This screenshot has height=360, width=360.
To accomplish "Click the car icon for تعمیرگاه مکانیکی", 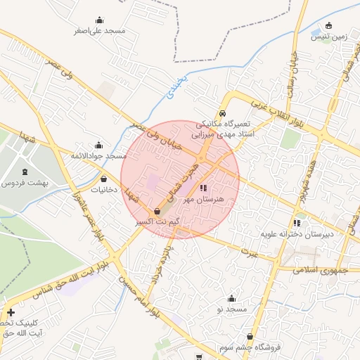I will (x=222, y=113).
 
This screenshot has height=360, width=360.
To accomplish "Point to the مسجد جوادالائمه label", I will (x=98, y=155).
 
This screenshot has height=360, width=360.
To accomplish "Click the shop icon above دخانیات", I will (x=105, y=179).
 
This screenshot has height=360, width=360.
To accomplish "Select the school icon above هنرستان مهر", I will (x=204, y=188).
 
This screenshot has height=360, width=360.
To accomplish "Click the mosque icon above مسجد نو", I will (x=231, y=299).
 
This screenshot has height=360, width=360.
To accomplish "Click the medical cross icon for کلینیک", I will (x=11, y=312).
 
